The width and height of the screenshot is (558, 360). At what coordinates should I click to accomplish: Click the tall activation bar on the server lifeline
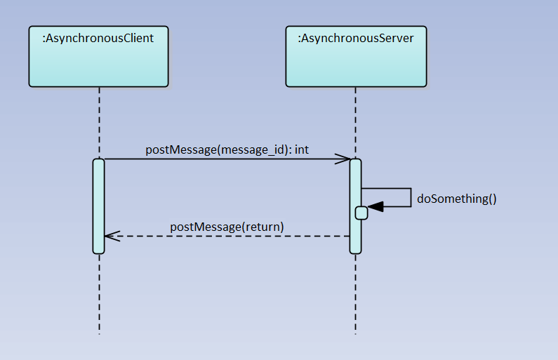[355, 175]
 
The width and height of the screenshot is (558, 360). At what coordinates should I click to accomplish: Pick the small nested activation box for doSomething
[361, 213]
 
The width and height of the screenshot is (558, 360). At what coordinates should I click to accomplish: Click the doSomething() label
[456, 199]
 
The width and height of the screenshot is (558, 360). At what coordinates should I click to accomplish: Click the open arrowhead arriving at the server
[344, 159]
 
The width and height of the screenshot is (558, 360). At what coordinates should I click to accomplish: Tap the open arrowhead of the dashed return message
[111, 236]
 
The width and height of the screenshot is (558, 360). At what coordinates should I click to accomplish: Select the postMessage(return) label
[227, 227]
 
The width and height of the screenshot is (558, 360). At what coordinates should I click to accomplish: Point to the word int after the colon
[302, 149]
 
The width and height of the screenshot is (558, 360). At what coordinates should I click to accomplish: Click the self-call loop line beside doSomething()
[411, 197]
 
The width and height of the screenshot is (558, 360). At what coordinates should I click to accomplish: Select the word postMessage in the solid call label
[180, 149]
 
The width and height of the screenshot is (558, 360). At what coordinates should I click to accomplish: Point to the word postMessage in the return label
[204, 227]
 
